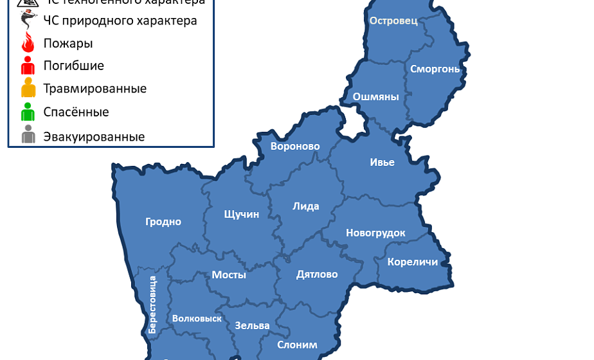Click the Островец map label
(393, 21)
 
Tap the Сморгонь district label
(435, 69)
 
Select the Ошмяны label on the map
(376, 97)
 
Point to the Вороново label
(295, 147)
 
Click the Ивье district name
(382, 162)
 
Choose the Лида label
(305, 206)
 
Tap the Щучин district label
(241, 214)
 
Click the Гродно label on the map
(163, 222)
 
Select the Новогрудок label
(375, 233)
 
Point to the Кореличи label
(413, 262)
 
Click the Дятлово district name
(317, 274)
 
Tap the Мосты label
(229, 275)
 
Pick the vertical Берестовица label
(152, 304)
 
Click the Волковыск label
(197, 318)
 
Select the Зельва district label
(252, 325)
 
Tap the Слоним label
(297, 345)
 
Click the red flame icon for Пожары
(28, 44)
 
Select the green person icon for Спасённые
(28, 112)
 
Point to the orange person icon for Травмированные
(28, 88)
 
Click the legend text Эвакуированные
(94, 137)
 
